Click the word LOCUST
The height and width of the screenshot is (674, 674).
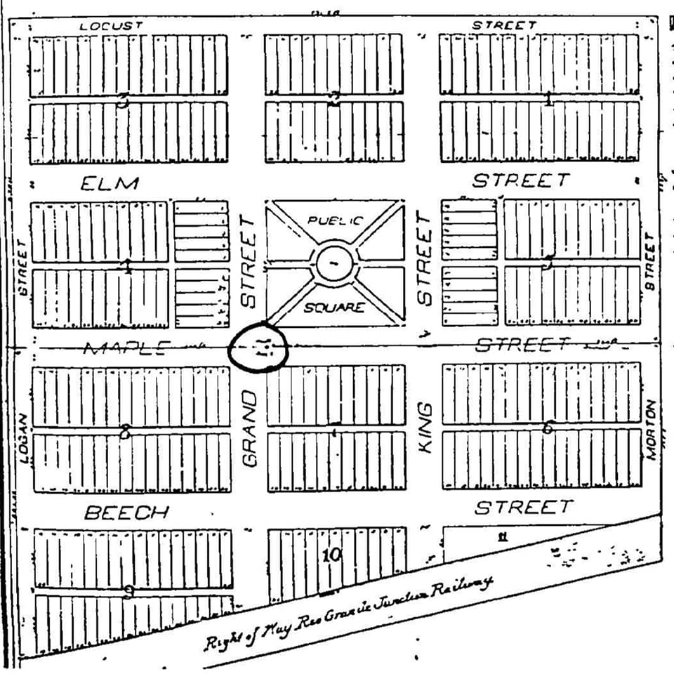tap(111, 25)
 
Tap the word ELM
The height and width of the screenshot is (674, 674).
tap(110, 184)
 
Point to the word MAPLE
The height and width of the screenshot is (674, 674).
tap(126, 348)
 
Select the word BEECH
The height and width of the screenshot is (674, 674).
tap(126, 513)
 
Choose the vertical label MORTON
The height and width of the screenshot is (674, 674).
tap(651, 430)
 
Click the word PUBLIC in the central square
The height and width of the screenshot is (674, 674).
tap(336, 220)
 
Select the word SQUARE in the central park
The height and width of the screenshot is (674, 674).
tap(335, 308)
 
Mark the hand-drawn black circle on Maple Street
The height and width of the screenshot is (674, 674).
tap(259, 346)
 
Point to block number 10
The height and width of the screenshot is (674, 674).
tap(331, 555)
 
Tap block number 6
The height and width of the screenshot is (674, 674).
tap(548, 426)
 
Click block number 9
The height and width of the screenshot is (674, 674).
tap(128, 591)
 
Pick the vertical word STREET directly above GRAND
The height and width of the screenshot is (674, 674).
tap(251, 261)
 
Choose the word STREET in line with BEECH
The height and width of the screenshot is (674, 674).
tap(523, 507)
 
